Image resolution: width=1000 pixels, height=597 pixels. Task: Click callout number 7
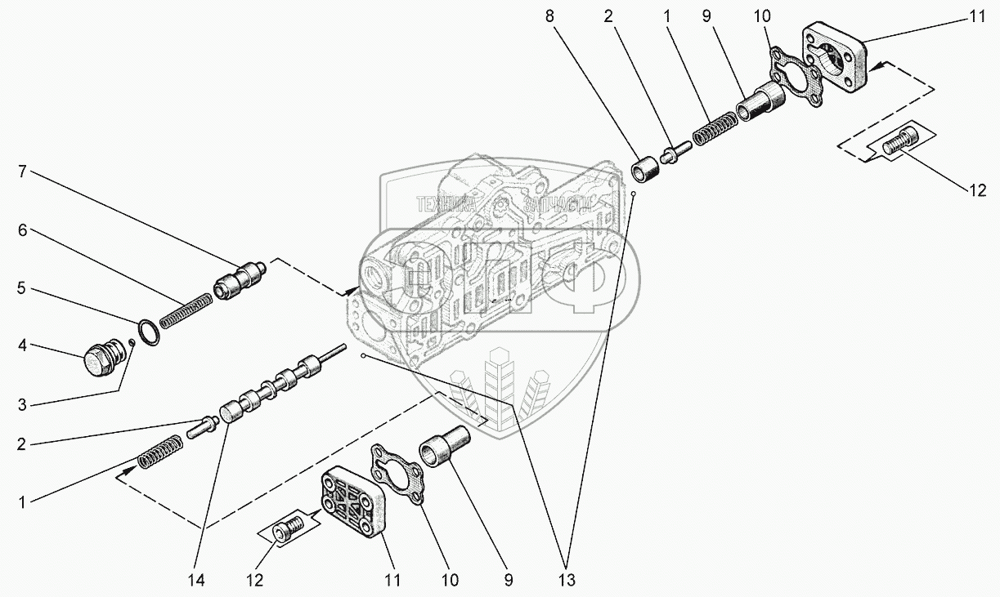[x=23, y=172]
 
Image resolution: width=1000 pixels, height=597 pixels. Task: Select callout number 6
[x=23, y=231]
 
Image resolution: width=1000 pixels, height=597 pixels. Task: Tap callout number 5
[x=23, y=288]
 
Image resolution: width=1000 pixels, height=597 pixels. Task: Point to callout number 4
[x=23, y=345]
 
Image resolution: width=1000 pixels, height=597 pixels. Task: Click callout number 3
[x=23, y=404]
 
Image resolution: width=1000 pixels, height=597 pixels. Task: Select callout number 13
[x=566, y=581]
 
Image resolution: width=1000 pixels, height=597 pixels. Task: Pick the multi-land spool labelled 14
[x=278, y=384]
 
